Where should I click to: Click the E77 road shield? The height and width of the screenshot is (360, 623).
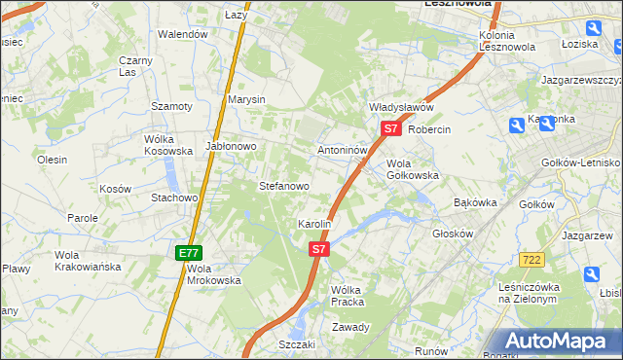point(189,253)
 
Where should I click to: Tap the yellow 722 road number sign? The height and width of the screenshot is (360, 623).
point(531,260)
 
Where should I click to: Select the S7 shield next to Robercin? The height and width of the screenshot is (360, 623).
point(390,128)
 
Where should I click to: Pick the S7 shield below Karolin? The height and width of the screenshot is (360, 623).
point(319,250)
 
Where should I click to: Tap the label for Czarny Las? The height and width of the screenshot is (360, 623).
point(136,66)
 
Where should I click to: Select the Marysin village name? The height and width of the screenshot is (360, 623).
point(246,99)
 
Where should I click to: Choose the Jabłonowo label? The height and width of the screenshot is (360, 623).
point(230,146)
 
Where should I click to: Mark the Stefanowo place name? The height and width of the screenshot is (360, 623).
point(283,185)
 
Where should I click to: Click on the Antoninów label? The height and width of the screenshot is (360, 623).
point(343,151)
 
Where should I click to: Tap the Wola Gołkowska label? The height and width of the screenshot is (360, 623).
point(413,169)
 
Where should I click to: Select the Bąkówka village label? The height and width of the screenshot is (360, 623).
point(476,203)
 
